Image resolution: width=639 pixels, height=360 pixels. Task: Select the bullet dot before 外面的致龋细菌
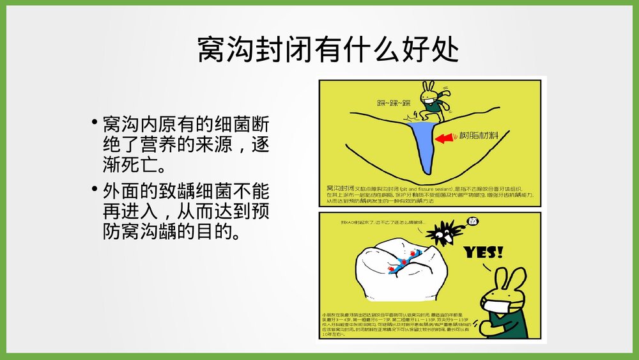click(x=94, y=189)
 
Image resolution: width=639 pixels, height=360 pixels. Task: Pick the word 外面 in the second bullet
click(x=122, y=191)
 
